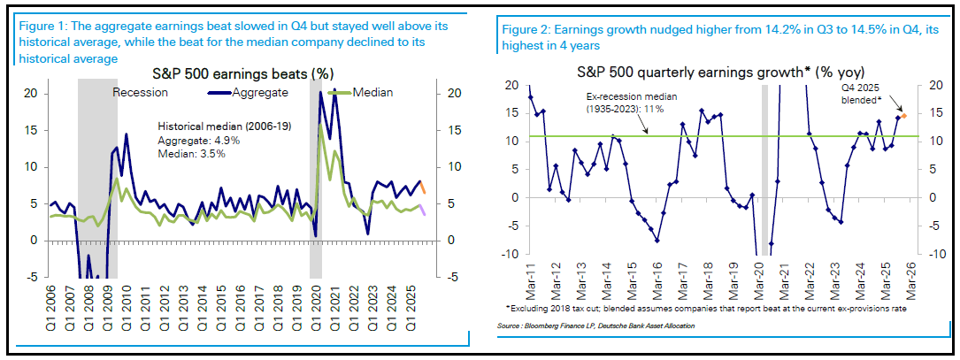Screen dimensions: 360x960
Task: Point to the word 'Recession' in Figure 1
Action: [x=142, y=92]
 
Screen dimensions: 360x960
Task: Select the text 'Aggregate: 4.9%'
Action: [x=196, y=141]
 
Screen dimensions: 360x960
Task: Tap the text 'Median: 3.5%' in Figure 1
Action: [x=190, y=153]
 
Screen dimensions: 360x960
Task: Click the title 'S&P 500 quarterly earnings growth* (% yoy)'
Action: [x=718, y=72]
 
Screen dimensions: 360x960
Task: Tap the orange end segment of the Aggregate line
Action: [x=423, y=188]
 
